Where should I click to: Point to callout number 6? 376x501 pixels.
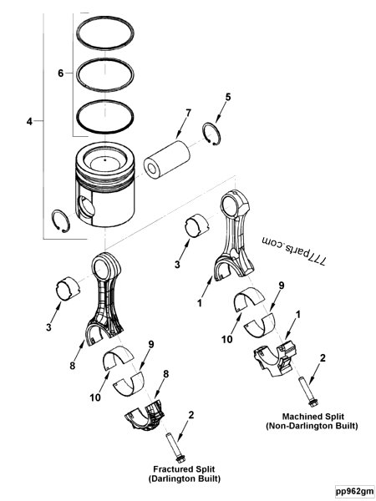[59, 73]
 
